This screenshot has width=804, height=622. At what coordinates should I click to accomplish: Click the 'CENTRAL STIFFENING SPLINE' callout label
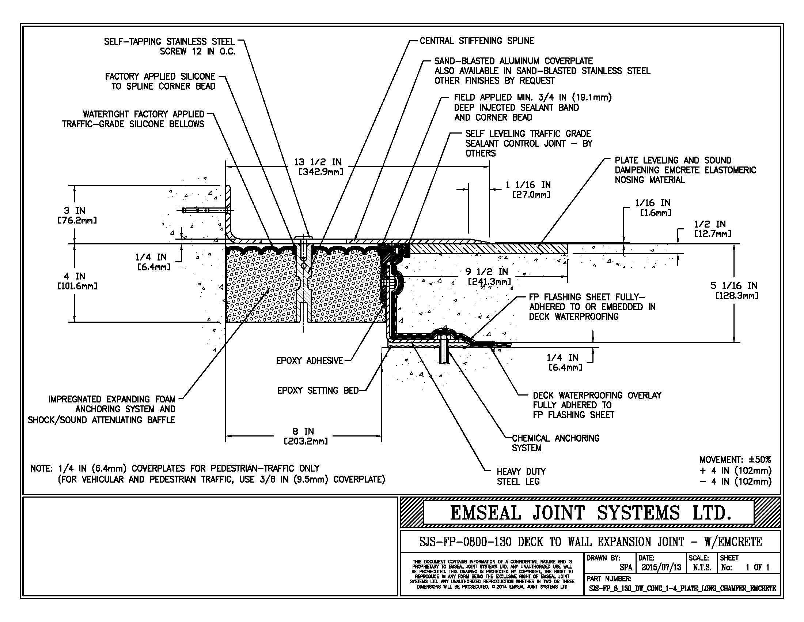477,41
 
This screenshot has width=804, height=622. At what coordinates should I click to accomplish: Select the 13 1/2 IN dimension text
318,162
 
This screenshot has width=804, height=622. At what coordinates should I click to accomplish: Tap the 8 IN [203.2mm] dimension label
306,436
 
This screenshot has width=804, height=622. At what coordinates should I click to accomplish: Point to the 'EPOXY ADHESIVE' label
309,361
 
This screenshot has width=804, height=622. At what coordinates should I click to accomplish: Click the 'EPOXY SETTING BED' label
318,390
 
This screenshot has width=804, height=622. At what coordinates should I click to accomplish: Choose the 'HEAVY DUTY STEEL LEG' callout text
521,476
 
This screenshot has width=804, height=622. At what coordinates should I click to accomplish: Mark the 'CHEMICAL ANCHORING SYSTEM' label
555,443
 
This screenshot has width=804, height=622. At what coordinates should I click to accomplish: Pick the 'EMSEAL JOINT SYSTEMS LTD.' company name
590,513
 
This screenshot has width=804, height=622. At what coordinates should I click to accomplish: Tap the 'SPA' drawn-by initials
626,567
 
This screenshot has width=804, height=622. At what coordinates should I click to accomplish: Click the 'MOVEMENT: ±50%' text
735,460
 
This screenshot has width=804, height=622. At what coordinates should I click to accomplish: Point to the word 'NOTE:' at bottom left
42,468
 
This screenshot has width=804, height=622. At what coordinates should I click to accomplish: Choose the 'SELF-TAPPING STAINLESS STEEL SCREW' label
169,46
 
